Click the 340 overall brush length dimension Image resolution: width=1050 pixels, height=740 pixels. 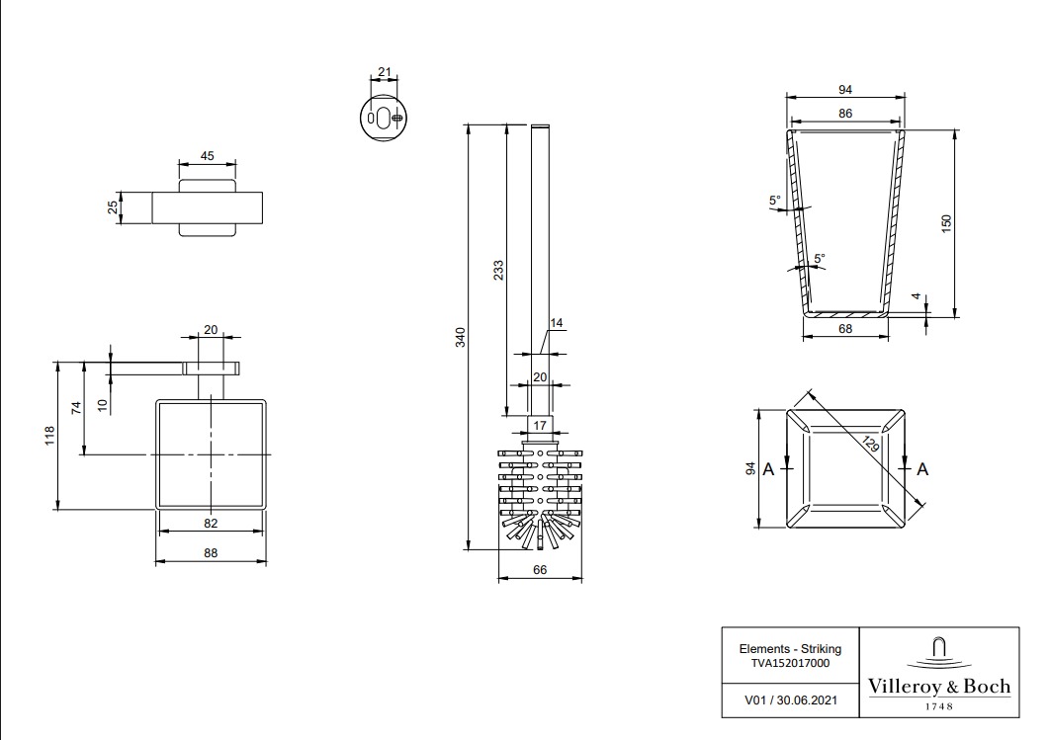(x=460, y=337)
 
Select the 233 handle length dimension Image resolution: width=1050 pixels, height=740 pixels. (x=498, y=270)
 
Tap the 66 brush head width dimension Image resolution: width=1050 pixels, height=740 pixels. (x=540, y=569)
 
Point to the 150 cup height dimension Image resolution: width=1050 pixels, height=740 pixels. (x=945, y=223)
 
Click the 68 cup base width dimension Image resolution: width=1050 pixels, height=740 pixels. (x=845, y=329)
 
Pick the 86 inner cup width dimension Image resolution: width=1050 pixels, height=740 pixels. (x=845, y=113)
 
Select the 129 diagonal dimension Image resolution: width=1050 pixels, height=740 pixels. (x=870, y=444)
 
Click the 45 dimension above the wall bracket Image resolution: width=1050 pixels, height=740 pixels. (x=207, y=155)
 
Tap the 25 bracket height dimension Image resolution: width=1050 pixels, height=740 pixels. (x=113, y=207)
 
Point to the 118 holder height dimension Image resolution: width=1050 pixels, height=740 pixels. (x=49, y=437)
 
